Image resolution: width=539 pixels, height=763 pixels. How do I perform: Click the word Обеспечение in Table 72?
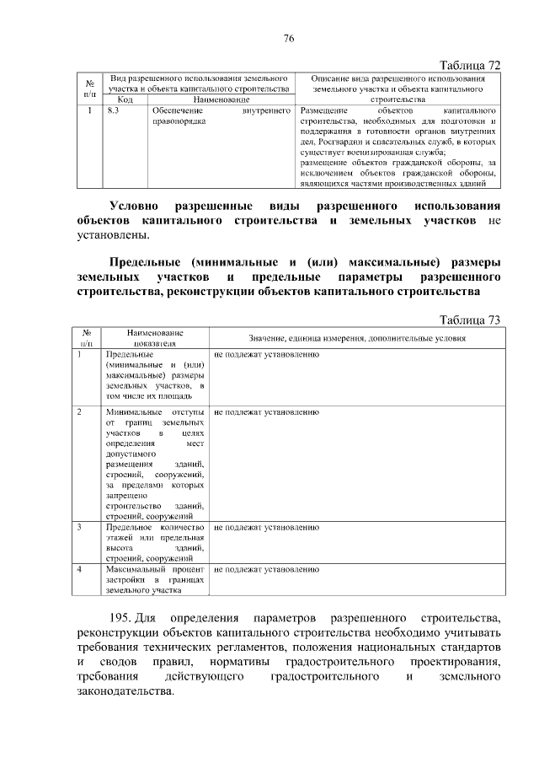click(174, 110)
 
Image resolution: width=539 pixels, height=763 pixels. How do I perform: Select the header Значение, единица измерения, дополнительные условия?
click(357, 337)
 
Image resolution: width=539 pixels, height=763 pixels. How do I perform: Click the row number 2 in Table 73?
click(79, 412)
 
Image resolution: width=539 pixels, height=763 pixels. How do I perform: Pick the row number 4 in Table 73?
click(79, 570)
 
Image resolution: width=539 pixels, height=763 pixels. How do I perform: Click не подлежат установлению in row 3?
click(266, 527)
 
